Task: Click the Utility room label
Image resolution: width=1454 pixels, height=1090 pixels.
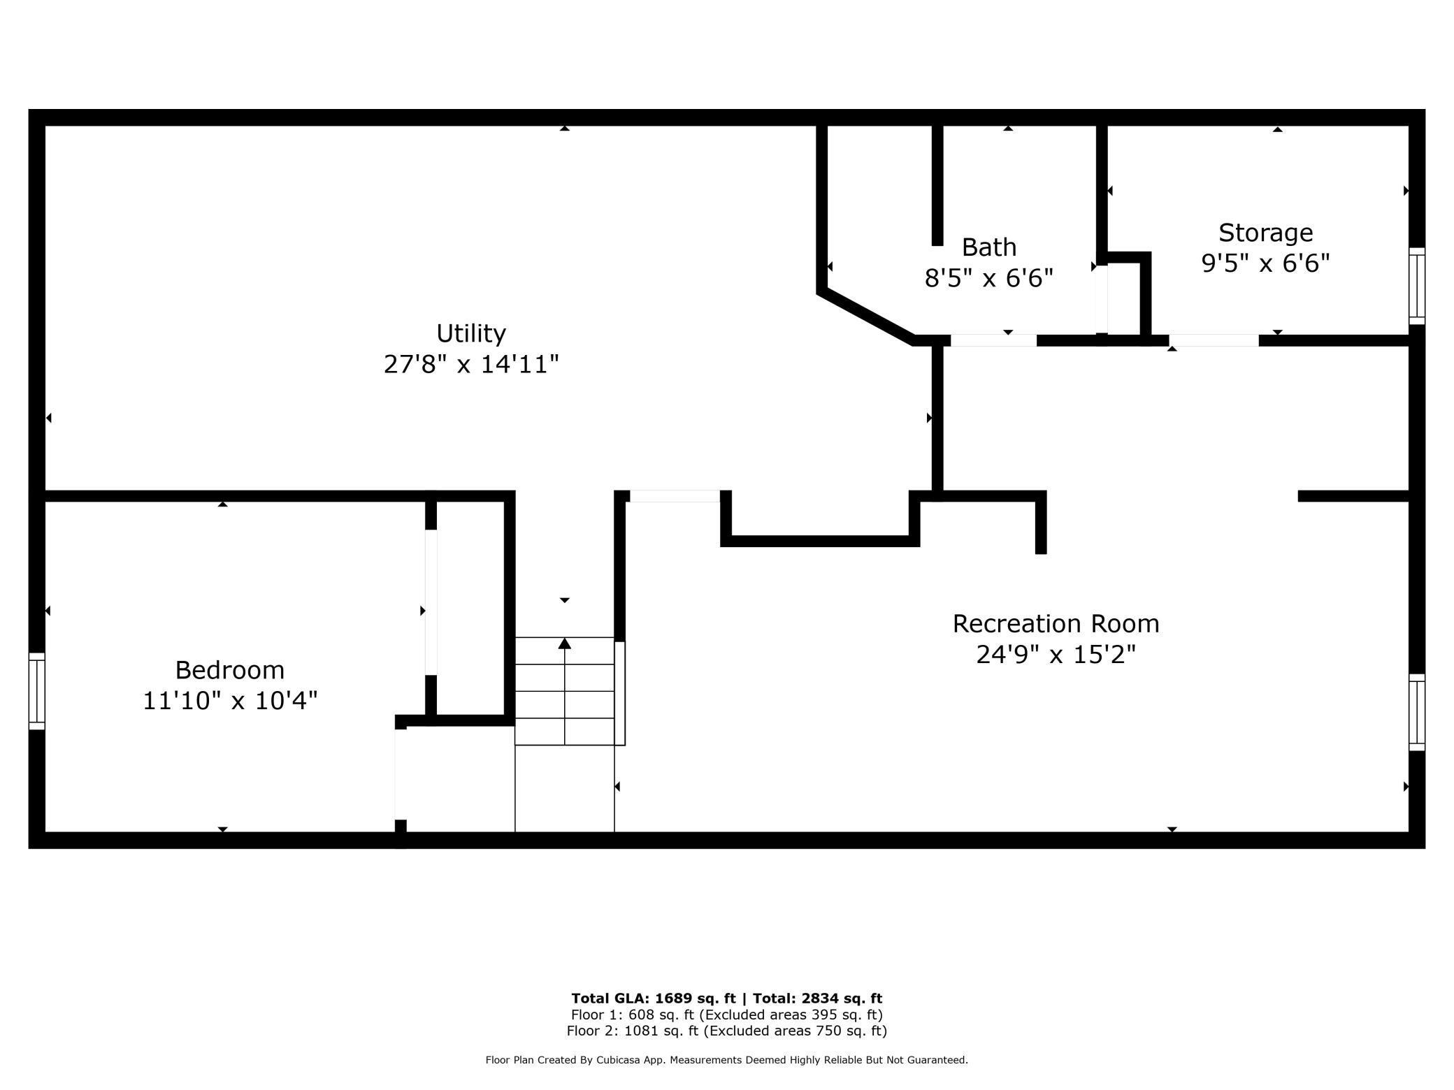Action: [471, 333]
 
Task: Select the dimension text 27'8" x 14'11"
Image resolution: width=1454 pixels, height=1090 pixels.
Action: [471, 364]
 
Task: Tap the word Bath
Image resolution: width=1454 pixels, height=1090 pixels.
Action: [989, 247]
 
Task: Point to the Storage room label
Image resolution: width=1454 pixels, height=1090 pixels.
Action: [1265, 233]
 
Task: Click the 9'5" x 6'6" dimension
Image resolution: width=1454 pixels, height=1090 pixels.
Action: [1265, 263]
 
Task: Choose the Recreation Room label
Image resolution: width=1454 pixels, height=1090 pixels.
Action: [1056, 623]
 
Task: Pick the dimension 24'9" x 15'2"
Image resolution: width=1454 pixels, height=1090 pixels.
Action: [1056, 655]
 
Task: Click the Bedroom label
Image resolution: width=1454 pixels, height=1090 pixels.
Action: [230, 670]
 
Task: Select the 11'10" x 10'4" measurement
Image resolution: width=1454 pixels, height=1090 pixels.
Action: [230, 700]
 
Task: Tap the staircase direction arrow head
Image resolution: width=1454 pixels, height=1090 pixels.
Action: [565, 643]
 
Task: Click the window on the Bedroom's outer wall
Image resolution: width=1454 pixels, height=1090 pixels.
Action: [36, 691]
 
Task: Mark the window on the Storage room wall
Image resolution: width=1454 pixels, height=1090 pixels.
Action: [1416, 286]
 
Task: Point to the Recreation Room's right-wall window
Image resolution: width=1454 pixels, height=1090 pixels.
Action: [1416, 712]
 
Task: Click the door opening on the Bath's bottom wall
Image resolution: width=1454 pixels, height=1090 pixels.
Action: [993, 340]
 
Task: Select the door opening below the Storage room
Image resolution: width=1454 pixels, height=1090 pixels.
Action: [1214, 340]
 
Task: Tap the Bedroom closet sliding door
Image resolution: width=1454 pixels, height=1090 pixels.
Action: [431, 602]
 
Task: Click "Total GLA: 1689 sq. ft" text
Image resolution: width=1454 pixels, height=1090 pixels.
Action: [654, 998]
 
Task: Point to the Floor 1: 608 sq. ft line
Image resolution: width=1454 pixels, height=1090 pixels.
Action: [727, 1015]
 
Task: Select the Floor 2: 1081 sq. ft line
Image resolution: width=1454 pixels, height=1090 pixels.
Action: [727, 1031]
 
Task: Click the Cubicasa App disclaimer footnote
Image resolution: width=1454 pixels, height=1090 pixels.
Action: [727, 1060]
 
